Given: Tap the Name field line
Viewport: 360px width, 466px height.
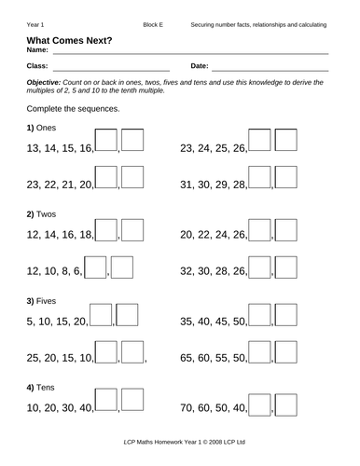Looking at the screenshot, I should (x=187, y=53).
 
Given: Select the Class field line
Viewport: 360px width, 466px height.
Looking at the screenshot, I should (x=111, y=70).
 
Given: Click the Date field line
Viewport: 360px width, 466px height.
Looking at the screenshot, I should (x=270, y=70).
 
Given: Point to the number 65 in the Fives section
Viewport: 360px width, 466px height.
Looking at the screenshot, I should (x=187, y=357).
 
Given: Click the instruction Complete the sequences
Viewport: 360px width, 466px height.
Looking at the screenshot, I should (x=67, y=108).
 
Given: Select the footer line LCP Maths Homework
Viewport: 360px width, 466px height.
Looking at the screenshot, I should (x=180, y=444).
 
